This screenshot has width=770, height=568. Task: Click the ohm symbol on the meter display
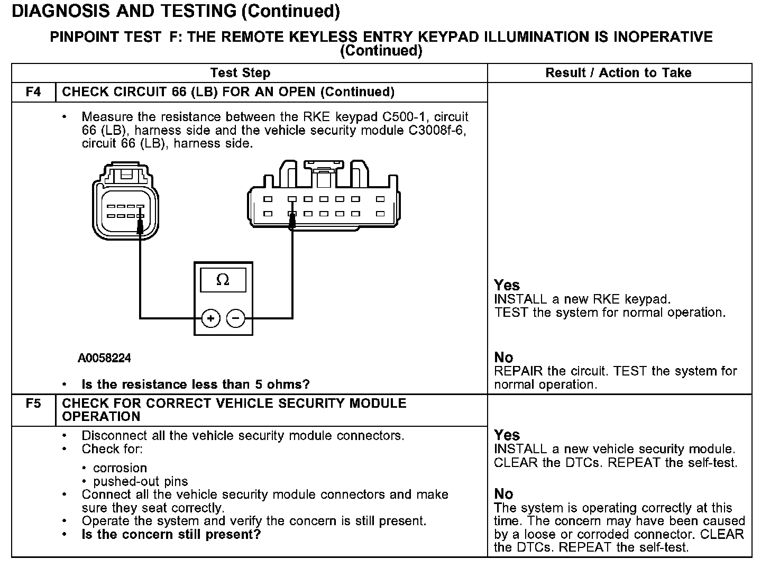(223, 280)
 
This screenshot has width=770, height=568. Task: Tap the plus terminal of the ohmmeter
(210, 318)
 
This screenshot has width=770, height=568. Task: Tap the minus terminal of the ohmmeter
(236, 318)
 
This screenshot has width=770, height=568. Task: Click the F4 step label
(33, 92)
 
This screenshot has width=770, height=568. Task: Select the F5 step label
(33, 404)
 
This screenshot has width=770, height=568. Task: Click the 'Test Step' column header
(240, 73)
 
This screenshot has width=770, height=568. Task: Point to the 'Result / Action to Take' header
(618, 73)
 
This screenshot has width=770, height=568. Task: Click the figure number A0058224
(104, 359)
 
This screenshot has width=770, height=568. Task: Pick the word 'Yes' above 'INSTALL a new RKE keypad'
(507, 286)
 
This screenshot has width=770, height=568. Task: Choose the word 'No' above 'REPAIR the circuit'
(503, 358)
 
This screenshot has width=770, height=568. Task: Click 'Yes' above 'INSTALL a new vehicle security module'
(507, 435)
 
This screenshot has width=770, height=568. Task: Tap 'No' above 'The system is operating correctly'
(503, 494)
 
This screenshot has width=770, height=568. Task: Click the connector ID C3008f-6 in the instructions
(437, 130)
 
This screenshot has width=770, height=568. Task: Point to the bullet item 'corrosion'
(120, 468)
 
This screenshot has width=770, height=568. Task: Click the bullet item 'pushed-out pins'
(140, 481)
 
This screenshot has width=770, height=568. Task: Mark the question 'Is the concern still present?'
(171, 534)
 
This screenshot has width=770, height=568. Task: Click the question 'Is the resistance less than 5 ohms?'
(196, 384)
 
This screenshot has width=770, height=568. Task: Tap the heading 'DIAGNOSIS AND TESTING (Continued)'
(176, 11)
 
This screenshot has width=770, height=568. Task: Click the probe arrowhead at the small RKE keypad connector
(140, 226)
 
